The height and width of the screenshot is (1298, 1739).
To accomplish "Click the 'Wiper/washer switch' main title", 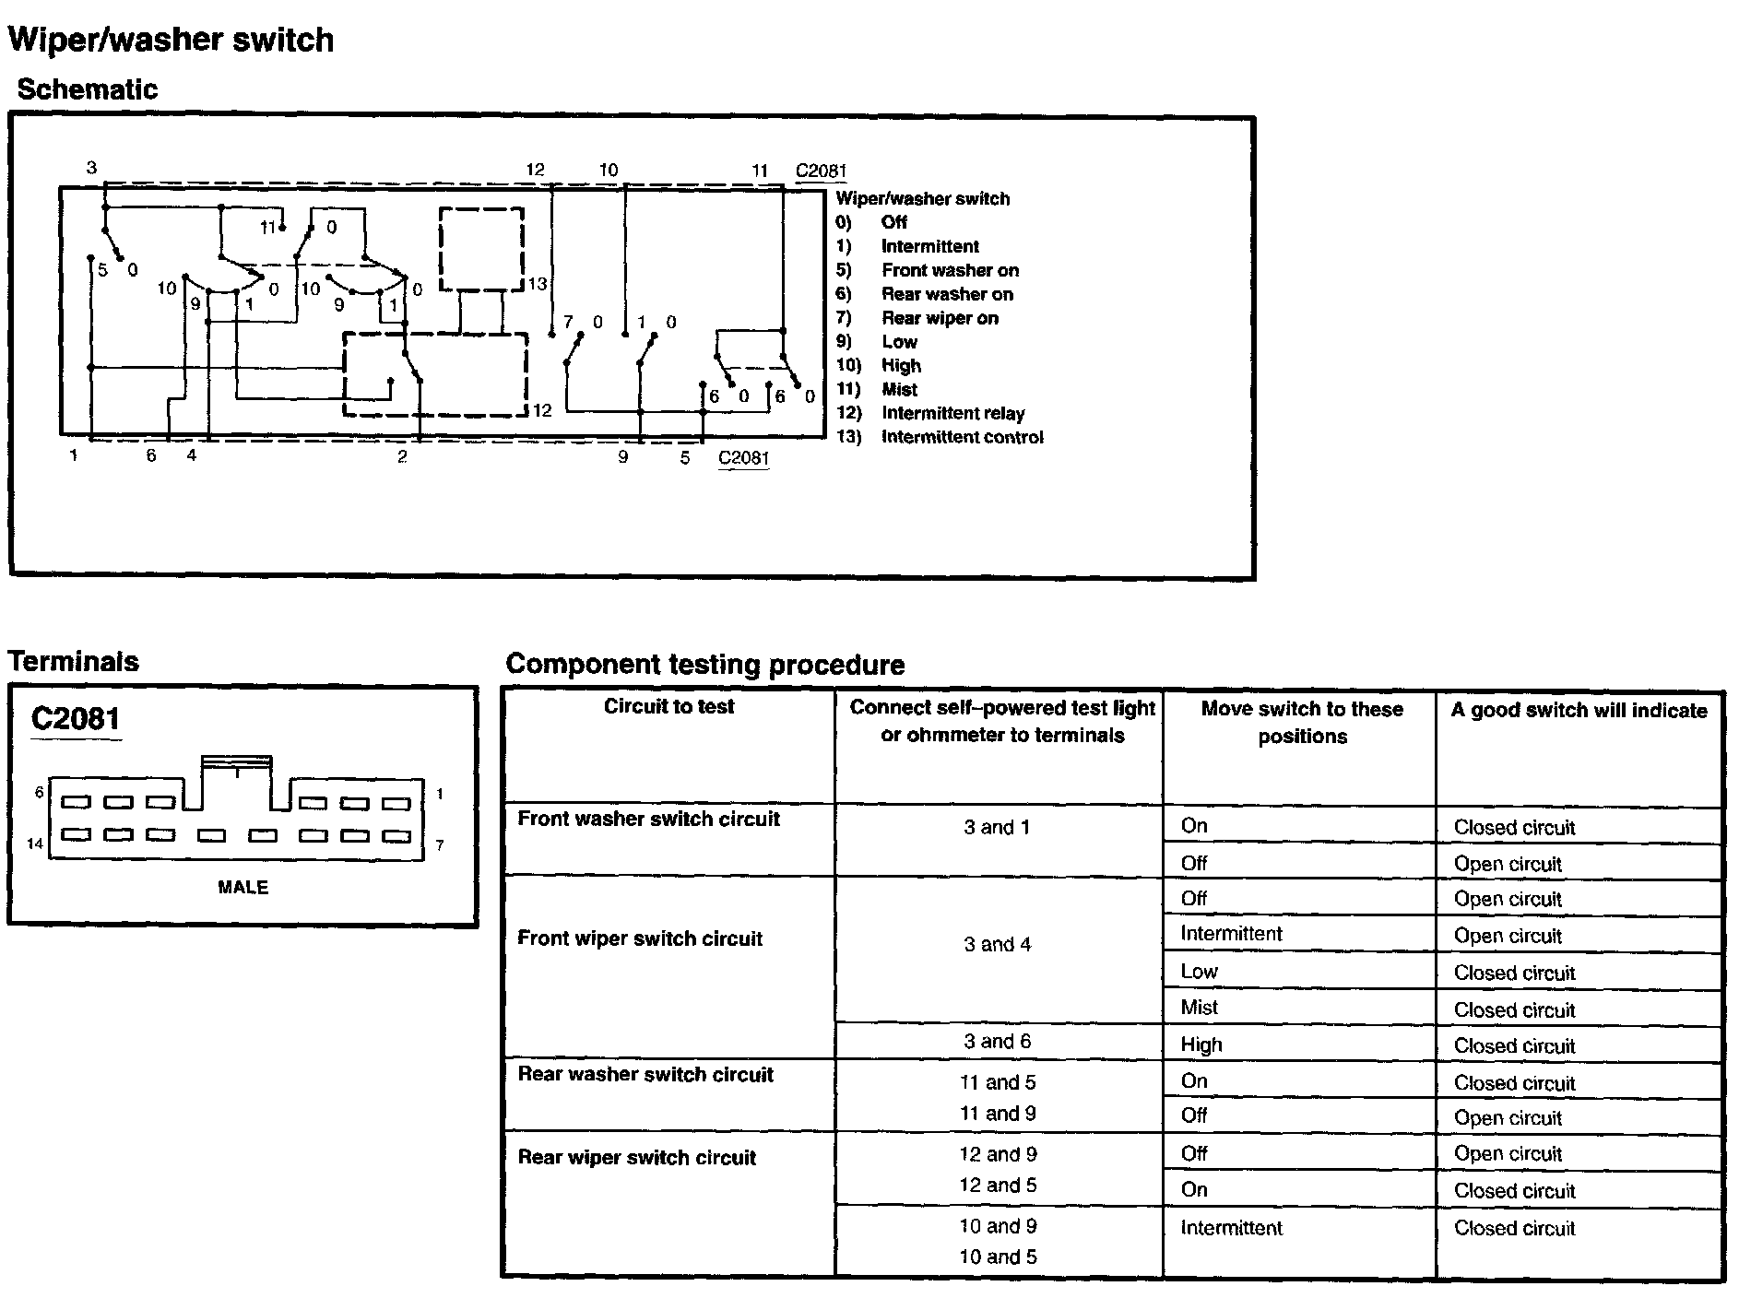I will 171,40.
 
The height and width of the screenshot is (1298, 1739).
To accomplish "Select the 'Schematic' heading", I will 88,89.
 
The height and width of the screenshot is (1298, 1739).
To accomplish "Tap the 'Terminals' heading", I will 74,661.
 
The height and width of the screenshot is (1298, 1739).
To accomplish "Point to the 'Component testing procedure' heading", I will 705,665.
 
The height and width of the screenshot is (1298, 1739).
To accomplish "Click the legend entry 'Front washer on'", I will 950,270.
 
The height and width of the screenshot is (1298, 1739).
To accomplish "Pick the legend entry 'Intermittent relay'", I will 952,413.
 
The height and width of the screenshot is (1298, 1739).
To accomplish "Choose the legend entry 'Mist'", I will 899,389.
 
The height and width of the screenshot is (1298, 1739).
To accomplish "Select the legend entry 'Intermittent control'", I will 962,437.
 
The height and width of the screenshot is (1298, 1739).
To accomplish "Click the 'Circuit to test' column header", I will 668,707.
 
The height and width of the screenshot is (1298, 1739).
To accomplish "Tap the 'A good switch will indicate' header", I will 1579,710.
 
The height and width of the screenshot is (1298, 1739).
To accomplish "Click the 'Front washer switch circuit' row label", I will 648,819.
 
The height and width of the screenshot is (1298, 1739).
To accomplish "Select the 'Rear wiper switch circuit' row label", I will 636,1157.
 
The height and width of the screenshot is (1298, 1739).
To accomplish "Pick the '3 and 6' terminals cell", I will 998,1042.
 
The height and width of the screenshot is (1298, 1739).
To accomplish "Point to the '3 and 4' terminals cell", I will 998,944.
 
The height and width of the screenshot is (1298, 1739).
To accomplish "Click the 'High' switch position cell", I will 1201,1044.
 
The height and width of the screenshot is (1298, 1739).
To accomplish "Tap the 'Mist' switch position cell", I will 1200,1008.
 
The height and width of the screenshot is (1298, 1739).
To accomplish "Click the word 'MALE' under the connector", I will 243,888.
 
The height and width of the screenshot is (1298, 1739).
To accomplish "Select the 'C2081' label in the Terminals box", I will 76,719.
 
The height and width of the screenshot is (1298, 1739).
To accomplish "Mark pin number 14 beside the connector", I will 35,844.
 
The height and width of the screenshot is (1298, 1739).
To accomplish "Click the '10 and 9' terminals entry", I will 998,1226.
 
